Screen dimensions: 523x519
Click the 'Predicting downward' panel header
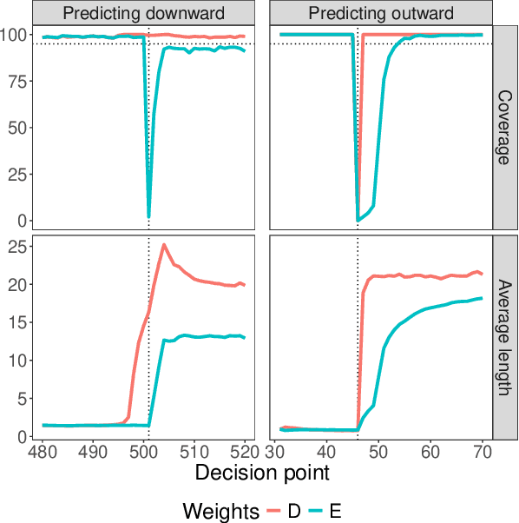click(144, 13)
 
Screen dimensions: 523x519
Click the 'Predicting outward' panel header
click(381, 13)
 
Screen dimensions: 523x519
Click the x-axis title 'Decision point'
click(262, 473)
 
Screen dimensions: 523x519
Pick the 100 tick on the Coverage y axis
click(16, 35)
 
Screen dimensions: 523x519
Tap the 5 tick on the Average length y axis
click(23, 399)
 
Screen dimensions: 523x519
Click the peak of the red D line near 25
click(164, 245)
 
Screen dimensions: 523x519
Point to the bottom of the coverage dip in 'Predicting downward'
click(149, 216)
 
